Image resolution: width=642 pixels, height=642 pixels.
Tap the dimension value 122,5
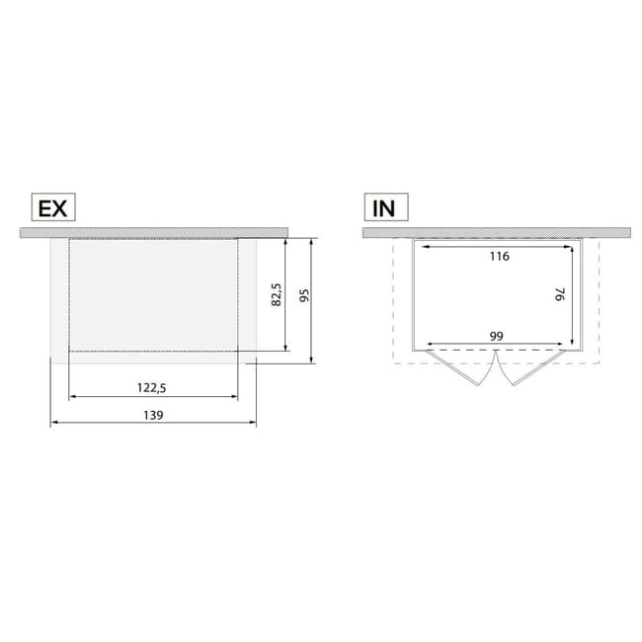click(153, 388)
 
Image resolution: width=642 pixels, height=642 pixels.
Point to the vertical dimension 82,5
click(277, 293)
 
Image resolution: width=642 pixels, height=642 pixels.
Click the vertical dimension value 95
click(303, 297)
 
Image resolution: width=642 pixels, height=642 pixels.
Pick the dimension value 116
click(498, 256)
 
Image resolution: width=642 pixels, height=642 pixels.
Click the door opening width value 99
click(497, 336)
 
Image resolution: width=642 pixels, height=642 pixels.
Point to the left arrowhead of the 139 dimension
click(53, 423)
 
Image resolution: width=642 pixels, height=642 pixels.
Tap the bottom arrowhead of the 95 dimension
click(312, 359)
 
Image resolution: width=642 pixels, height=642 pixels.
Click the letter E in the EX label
click(43, 208)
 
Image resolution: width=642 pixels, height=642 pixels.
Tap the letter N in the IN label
click(391, 208)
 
